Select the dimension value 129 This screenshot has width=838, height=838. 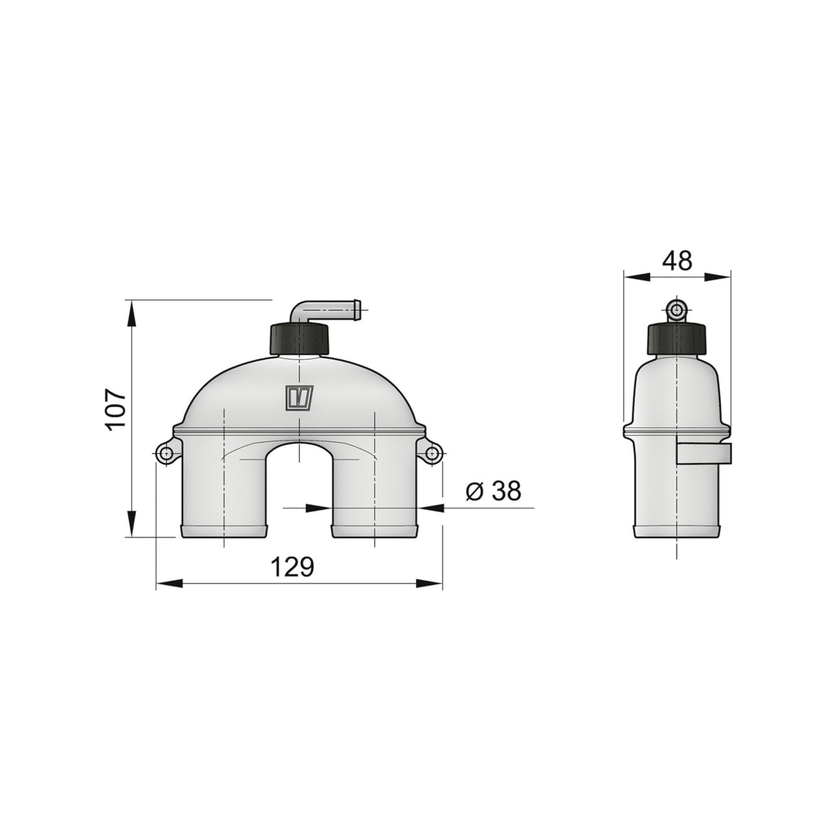[292, 566]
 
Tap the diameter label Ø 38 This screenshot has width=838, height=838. [493, 491]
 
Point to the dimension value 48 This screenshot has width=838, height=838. [677, 261]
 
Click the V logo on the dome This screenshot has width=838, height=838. [300, 397]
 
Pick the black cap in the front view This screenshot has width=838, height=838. [299, 339]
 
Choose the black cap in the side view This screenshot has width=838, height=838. [677, 339]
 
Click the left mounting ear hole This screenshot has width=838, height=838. [166, 454]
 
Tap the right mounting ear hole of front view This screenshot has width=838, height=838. [432, 454]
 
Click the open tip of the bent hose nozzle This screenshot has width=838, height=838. [358, 309]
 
